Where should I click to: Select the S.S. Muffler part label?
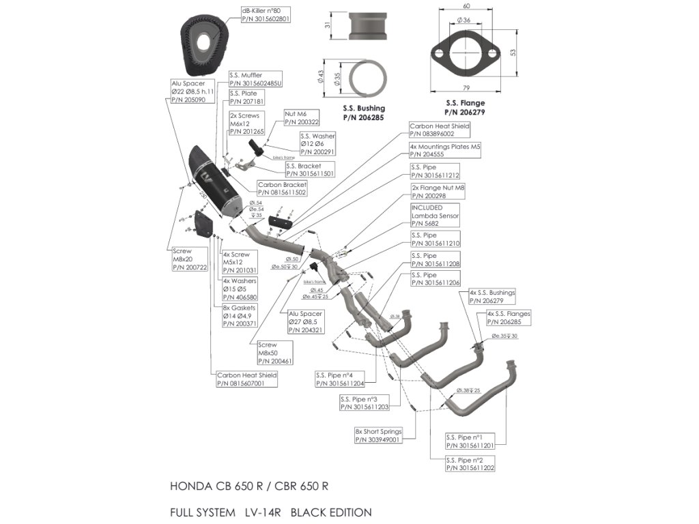click(x=255, y=78)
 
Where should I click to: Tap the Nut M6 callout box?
click(x=300, y=117)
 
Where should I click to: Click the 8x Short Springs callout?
click(x=377, y=436)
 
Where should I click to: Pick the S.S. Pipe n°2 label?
click(x=469, y=464)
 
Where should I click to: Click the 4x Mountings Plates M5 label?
click(x=444, y=150)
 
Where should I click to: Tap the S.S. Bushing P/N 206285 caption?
click(x=363, y=113)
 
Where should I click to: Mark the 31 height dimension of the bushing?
click(x=328, y=25)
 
